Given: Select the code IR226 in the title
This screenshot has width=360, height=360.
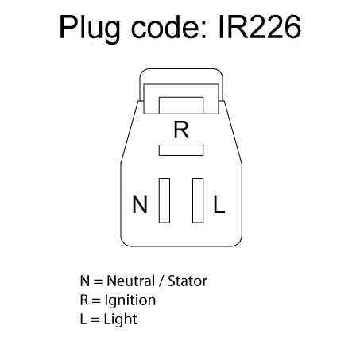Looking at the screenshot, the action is [x=260, y=27].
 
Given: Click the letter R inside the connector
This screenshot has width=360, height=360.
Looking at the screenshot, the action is [x=181, y=130].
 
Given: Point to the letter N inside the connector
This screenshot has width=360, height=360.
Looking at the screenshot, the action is [x=140, y=204].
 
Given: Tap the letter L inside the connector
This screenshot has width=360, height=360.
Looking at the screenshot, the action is [x=219, y=204].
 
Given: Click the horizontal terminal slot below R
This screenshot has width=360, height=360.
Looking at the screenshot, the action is [x=181, y=150].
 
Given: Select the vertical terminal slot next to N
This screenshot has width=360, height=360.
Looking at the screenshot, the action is [x=165, y=200].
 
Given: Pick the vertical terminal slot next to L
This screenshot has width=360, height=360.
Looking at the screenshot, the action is [x=198, y=200].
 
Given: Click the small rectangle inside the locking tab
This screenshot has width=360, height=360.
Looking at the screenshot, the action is [x=181, y=106].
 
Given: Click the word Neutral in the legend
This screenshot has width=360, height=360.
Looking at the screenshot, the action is [x=131, y=281].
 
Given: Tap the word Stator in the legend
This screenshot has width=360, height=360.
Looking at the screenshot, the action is [x=188, y=281].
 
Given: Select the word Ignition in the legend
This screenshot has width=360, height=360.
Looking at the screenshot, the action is [x=130, y=300].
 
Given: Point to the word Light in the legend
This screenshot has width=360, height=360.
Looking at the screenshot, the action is [x=121, y=319].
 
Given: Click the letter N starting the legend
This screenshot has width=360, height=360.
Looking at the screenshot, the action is [x=85, y=281].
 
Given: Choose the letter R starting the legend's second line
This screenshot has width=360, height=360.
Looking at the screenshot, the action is [x=84, y=300].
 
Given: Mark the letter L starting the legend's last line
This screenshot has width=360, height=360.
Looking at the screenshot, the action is [x=83, y=319].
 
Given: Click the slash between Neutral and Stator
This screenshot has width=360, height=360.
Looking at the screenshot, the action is [x=161, y=281].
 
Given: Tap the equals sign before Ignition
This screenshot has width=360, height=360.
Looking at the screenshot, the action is [x=96, y=300].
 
